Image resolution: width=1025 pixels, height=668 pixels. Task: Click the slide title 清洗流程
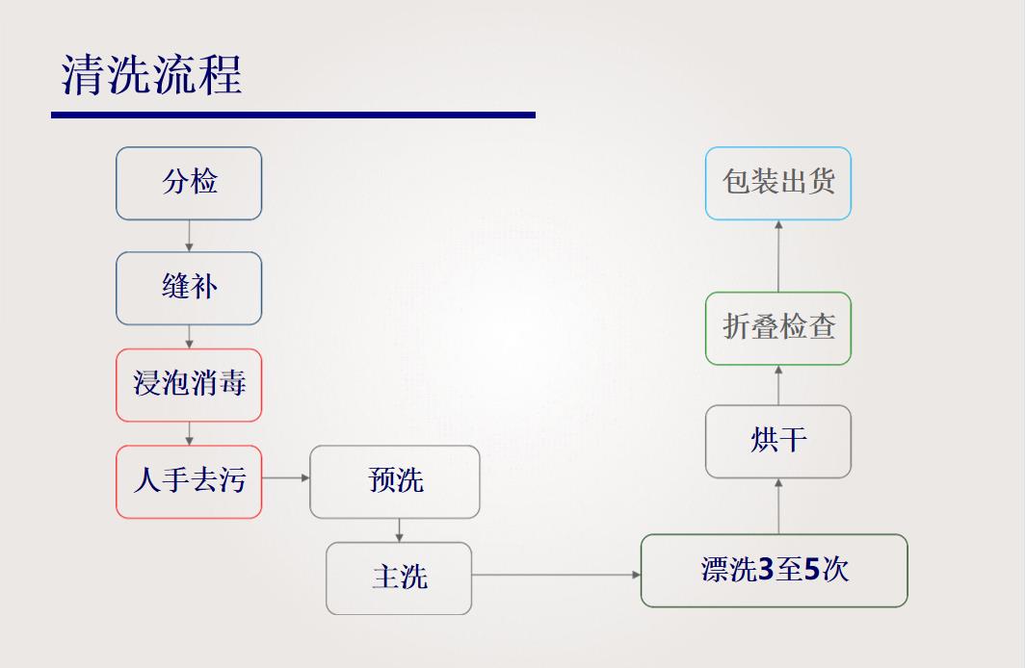click(x=151, y=74)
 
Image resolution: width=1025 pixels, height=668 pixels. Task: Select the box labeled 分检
click(x=189, y=183)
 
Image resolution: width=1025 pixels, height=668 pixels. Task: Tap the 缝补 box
click(x=189, y=288)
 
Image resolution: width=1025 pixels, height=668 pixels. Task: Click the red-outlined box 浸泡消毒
click(x=189, y=385)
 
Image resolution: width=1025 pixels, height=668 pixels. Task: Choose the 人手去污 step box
click(x=189, y=481)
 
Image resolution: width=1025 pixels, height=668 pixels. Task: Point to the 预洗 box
click(x=395, y=481)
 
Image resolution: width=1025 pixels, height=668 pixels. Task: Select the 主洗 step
click(x=399, y=578)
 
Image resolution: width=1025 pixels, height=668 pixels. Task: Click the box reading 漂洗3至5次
click(x=774, y=571)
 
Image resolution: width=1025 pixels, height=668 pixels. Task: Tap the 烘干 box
click(x=778, y=441)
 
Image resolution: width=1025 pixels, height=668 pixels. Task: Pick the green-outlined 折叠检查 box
click(x=778, y=328)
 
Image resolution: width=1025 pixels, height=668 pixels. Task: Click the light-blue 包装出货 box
click(x=778, y=183)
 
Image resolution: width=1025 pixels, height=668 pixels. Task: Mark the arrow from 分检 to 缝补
click(x=189, y=236)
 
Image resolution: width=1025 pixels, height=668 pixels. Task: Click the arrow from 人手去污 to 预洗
click(x=285, y=477)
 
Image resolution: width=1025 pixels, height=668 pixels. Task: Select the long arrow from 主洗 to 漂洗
click(x=556, y=575)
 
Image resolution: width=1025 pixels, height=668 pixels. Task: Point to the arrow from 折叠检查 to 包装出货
click(x=778, y=256)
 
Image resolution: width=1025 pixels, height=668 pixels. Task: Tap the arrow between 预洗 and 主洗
click(x=399, y=530)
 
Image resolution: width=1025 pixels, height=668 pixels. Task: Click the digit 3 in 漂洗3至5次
click(x=766, y=571)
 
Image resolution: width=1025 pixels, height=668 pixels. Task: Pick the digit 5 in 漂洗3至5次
click(x=811, y=571)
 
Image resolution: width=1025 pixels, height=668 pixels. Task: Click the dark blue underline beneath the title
click(x=293, y=115)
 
